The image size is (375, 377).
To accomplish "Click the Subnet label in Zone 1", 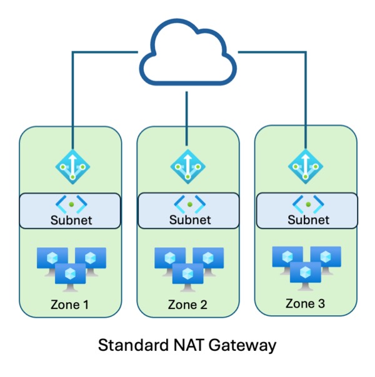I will pos(70,221).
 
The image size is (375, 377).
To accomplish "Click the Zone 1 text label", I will pos(70,305).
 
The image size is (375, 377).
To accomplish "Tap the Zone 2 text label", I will pos(187,305).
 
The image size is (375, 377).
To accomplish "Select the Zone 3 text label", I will pos(305,304).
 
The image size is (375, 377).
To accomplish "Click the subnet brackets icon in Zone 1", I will pos(71,204).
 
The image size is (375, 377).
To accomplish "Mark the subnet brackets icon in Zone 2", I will pos(188,204).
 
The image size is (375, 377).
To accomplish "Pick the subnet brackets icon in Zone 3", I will pos(306,203).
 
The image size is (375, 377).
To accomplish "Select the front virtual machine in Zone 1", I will pos(70,275).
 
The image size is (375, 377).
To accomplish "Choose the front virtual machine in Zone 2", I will pos(187,275).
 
